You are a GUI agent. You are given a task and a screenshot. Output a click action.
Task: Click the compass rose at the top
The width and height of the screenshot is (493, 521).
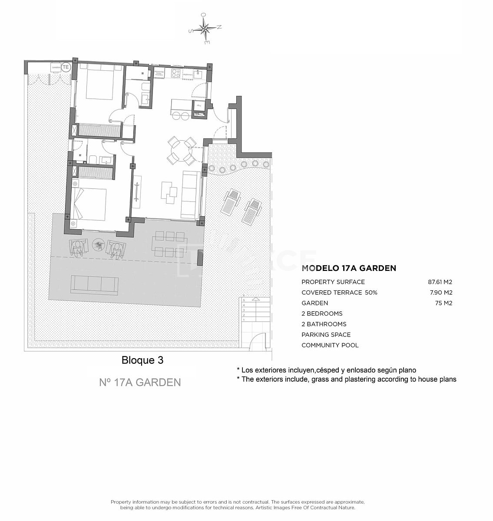[x=205, y=29]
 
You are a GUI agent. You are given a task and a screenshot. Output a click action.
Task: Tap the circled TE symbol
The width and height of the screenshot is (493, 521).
[x=66, y=67]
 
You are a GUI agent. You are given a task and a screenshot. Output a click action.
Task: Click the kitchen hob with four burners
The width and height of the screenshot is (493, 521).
[x=176, y=73]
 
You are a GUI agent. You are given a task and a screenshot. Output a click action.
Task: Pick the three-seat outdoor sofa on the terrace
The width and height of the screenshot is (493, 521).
[x=94, y=284]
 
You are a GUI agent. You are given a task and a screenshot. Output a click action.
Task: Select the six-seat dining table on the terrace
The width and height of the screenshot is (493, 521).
[x=169, y=244]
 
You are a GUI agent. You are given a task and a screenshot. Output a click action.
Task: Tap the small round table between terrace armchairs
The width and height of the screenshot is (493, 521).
[x=99, y=246]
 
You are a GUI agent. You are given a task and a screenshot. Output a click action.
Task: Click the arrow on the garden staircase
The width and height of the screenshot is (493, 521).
[x=256, y=299]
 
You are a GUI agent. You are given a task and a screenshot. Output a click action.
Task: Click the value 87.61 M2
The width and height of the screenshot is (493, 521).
[x=440, y=282]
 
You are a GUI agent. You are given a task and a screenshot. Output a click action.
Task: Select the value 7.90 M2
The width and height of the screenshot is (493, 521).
[x=441, y=293]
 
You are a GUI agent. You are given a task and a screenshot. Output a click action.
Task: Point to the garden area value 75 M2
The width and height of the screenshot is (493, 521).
[x=443, y=303]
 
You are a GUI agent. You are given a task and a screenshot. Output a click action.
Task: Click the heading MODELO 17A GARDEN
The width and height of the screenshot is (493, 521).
[x=349, y=268]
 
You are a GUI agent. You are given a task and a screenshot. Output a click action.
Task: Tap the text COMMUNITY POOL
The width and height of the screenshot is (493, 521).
[x=330, y=345]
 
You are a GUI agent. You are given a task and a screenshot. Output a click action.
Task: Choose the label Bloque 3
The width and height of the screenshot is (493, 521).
[x=142, y=360]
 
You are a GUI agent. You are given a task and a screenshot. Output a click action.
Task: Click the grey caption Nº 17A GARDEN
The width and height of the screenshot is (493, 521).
[x=140, y=383]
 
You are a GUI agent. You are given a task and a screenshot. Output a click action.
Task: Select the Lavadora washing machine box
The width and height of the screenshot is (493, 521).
[x=56, y=68]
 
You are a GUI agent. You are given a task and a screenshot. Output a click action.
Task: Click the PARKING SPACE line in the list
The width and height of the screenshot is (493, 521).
[x=326, y=335]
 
